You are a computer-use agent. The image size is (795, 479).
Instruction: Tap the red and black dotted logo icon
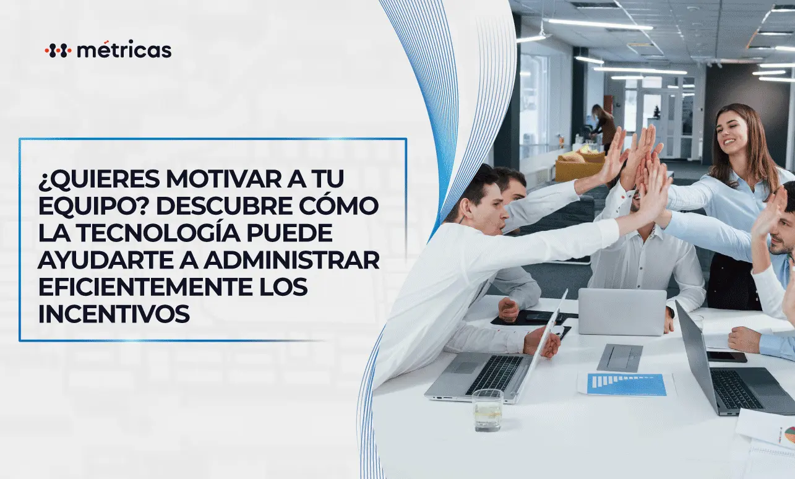point(58,51)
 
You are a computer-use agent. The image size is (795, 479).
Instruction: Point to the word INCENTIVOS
point(114,314)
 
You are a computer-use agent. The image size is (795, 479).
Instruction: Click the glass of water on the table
point(488,409)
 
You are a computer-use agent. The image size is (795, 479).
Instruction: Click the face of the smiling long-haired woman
point(733,131)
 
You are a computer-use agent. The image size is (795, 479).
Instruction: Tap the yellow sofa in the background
point(579,165)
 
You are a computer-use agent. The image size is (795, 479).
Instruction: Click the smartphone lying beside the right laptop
point(726,356)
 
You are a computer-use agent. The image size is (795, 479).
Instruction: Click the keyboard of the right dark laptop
point(736,389)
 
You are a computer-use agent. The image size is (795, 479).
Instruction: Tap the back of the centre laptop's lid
point(621,311)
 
